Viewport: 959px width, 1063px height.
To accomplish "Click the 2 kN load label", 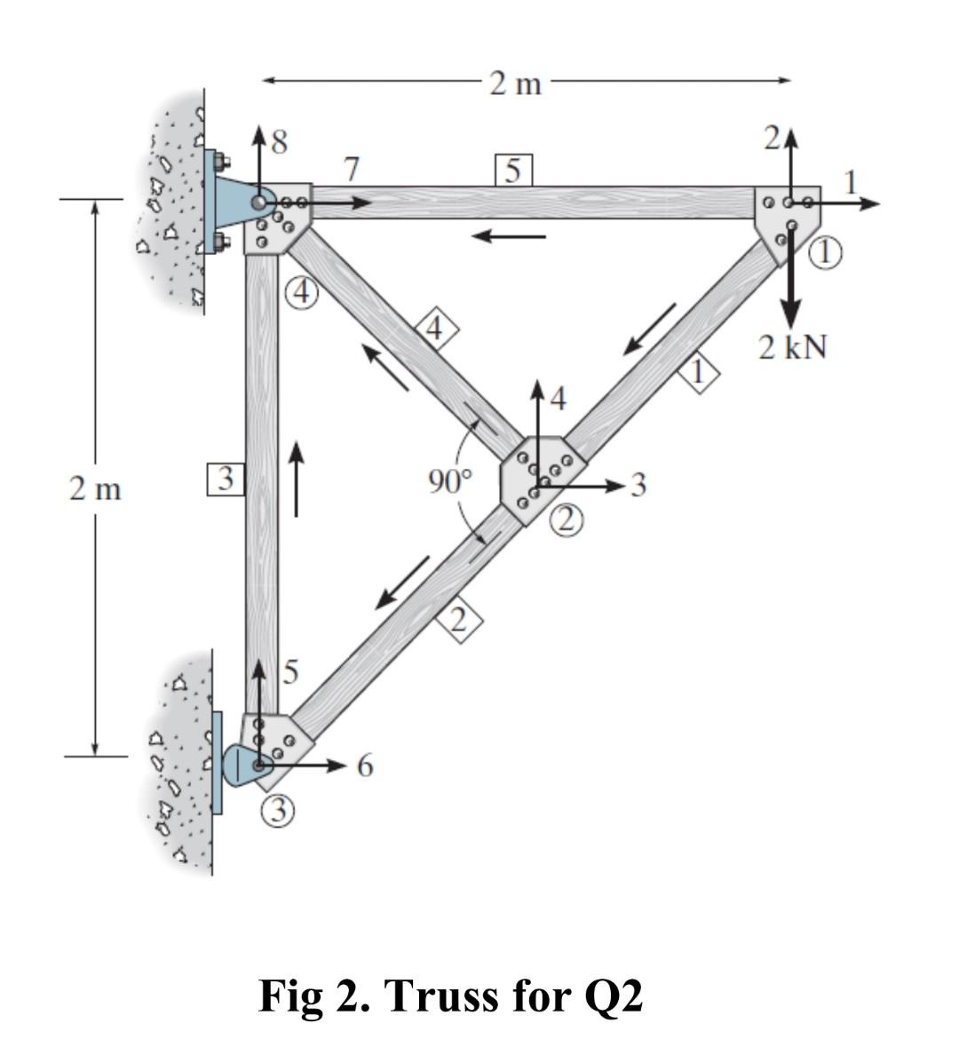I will point(792,348).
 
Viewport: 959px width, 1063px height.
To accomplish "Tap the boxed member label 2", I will point(458,620).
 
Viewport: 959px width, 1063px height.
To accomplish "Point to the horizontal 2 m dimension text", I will point(515,83).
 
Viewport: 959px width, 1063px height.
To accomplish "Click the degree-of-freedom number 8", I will point(278,142).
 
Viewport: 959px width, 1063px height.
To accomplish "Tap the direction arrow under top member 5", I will point(508,236).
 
